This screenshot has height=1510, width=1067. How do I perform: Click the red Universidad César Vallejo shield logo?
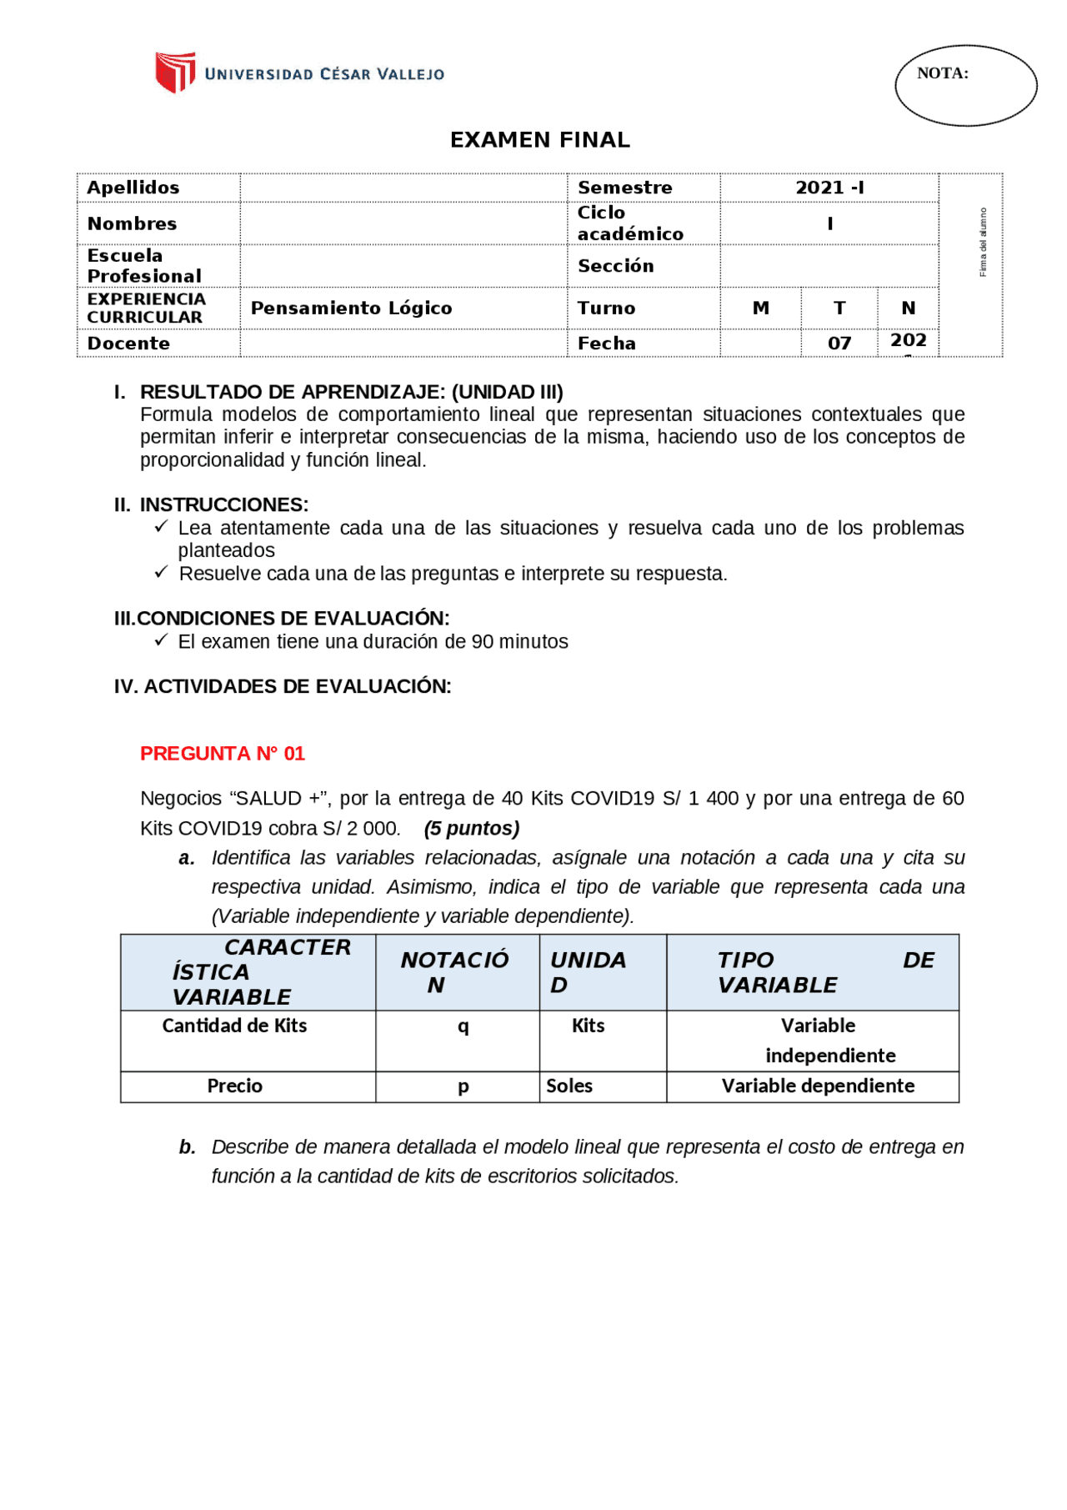tap(175, 73)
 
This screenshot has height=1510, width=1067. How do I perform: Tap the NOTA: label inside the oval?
tap(942, 73)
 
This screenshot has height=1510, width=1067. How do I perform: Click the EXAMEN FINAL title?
tap(539, 140)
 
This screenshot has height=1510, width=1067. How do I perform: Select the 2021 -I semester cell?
tap(829, 188)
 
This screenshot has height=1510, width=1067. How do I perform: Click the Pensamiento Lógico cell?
tap(351, 309)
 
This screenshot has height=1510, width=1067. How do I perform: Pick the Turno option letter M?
tap(760, 309)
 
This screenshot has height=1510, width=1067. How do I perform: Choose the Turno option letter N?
tap(908, 309)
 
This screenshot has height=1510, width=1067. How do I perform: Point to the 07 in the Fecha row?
tap(839, 344)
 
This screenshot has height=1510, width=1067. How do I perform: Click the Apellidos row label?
tap(133, 188)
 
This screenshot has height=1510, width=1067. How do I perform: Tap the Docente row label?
tap(128, 344)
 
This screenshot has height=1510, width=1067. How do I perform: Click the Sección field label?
tap(615, 266)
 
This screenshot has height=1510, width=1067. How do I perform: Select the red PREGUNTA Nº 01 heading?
tap(223, 754)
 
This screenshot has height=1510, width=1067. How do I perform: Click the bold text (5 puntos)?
tap(471, 829)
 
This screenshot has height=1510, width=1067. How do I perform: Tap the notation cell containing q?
tap(463, 1026)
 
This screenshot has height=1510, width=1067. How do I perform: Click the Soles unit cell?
tap(569, 1086)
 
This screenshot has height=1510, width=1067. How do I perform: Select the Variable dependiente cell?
tap(817, 1086)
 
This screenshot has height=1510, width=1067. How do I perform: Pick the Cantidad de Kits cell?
tap(234, 1026)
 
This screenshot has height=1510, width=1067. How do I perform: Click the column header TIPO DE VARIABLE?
tap(812, 972)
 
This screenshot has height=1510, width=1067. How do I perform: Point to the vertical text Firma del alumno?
tap(983, 243)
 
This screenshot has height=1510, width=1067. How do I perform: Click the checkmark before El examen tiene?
tap(161, 640)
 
